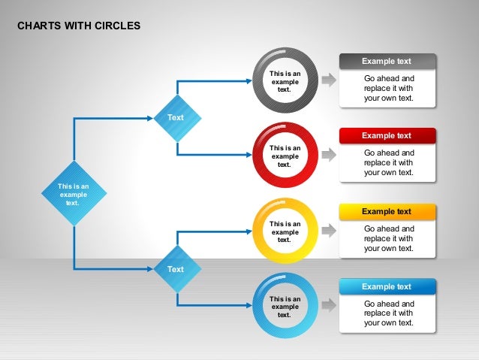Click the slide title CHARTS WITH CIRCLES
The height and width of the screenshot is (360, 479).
79,26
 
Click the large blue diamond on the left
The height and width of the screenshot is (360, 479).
74,193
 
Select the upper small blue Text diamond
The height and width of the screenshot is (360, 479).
176,117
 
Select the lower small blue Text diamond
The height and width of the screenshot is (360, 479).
176,268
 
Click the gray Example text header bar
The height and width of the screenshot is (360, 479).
387,61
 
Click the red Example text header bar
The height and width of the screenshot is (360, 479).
387,135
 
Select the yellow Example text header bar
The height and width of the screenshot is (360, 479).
387,211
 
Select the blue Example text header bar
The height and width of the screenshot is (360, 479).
387,286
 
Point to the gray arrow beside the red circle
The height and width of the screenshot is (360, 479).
329,155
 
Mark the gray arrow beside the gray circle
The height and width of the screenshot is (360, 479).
329,80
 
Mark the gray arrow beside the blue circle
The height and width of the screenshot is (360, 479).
329,305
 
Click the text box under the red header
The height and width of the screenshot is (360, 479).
388,162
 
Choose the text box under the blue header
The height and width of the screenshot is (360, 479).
388,313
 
